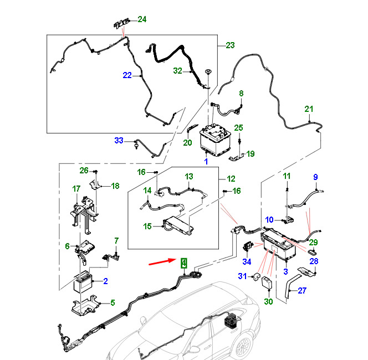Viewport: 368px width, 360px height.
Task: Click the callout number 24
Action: point(142,19)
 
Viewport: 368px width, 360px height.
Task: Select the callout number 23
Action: point(231,45)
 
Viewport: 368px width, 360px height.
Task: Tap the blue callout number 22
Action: point(127,75)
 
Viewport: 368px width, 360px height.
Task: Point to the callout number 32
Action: point(177,70)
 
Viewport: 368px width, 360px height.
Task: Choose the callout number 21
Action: point(309,109)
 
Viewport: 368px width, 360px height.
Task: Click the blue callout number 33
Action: point(119,141)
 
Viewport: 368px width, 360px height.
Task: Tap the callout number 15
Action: point(148,227)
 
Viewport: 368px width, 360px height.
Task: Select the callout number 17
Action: point(76,189)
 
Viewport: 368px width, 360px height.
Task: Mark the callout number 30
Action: point(269,302)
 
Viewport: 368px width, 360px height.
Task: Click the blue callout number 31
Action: point(242,276)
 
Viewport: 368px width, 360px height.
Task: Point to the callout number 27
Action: point(302,290)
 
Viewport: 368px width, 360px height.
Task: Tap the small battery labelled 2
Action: point(84,285)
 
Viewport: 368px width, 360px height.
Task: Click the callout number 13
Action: point(188,177)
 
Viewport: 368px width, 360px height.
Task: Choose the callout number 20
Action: point(187,143)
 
